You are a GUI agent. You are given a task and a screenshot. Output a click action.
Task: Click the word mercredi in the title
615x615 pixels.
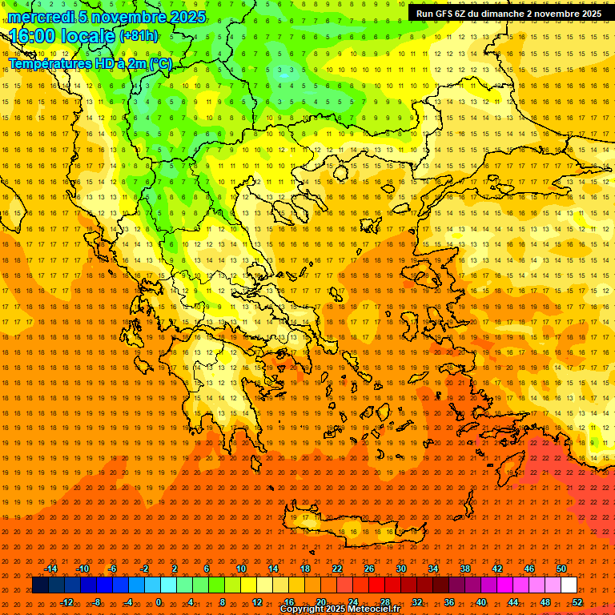tap(41, 17)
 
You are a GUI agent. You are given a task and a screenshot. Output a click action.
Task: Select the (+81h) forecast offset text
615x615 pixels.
tap(138, 36)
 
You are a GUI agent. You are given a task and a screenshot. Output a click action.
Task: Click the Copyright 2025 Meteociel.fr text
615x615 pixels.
tap(340, 609)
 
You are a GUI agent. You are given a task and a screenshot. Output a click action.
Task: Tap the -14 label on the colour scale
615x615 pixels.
tap(50, 569)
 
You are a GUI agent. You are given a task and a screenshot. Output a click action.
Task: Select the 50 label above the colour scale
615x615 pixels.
tap(561, 569)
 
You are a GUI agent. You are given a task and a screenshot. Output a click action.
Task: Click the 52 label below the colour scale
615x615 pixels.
tap(577, 602)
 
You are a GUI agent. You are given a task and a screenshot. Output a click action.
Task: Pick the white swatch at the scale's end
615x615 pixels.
tap(569, 585)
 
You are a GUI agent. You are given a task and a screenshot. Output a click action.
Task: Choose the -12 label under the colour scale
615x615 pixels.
tap(66, 602)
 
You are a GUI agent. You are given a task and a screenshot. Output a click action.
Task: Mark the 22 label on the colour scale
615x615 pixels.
tap(337, 569)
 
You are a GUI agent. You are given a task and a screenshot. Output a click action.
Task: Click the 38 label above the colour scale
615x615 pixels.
tap(465, 569)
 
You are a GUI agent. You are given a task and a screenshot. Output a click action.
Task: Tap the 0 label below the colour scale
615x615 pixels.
tap(159, 602)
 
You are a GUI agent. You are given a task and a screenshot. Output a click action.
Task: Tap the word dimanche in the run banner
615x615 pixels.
tap(495, 14)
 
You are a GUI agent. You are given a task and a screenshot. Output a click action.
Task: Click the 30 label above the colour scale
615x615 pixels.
tap(401, 569)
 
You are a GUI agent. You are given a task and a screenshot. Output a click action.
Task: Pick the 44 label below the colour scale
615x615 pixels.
tap(513, 602)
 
